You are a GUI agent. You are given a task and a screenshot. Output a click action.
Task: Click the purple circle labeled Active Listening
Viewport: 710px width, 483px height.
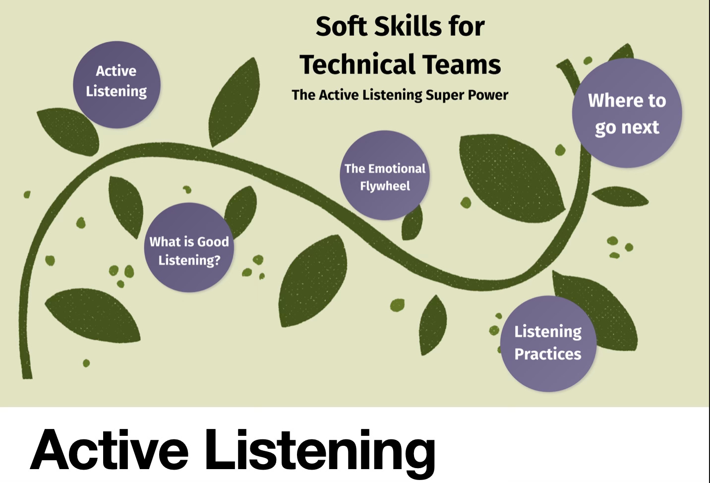pos(117,84)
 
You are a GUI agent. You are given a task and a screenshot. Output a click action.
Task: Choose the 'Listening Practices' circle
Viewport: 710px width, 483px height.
pos(548,343)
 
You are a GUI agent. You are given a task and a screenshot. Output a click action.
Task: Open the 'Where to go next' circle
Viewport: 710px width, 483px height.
pos(627,113)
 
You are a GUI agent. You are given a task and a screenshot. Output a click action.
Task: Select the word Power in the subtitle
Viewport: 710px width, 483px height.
pos(489,95)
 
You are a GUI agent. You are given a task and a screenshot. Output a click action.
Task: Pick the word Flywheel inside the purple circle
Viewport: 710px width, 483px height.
pos(385,186)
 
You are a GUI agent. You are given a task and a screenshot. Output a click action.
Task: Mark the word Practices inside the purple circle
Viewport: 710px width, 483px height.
pos(548,354)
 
